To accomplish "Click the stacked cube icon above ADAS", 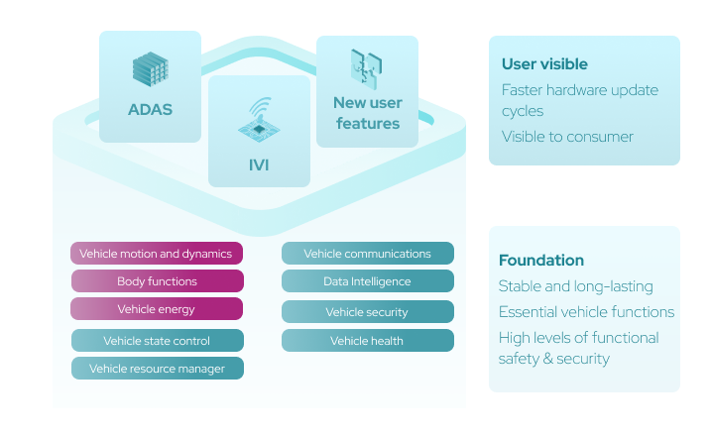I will click(x=150, y=69).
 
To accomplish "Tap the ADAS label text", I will click(x=150, y=110).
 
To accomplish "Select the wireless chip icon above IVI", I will click(x=258, y=117).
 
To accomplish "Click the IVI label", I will click(x=259, y=164).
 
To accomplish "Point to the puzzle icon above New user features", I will click(x=366, y=70).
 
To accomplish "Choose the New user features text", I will click(x=367, y=114).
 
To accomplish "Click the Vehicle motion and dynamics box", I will click(x=157, y=254).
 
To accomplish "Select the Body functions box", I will click(x=157, y=281).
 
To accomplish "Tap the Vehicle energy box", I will click(x=157, y=309).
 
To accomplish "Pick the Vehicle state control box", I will click(x=157, y=341).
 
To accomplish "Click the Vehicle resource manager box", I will click(x=157, y=369).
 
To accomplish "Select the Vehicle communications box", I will click(x=368, y=254).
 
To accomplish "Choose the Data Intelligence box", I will click(x=368, y=281).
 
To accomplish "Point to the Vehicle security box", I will click(x=368, y=312).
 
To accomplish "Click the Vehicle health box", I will click(x=368, y=341).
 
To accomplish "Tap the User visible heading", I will click(x=544, y=64).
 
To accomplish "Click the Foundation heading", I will click(x=540, y=261).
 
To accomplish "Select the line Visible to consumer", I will click(x=567, y=137).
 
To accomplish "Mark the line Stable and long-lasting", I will click(x=575, y=286).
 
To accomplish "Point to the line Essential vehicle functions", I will click(x=586, y=312).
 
